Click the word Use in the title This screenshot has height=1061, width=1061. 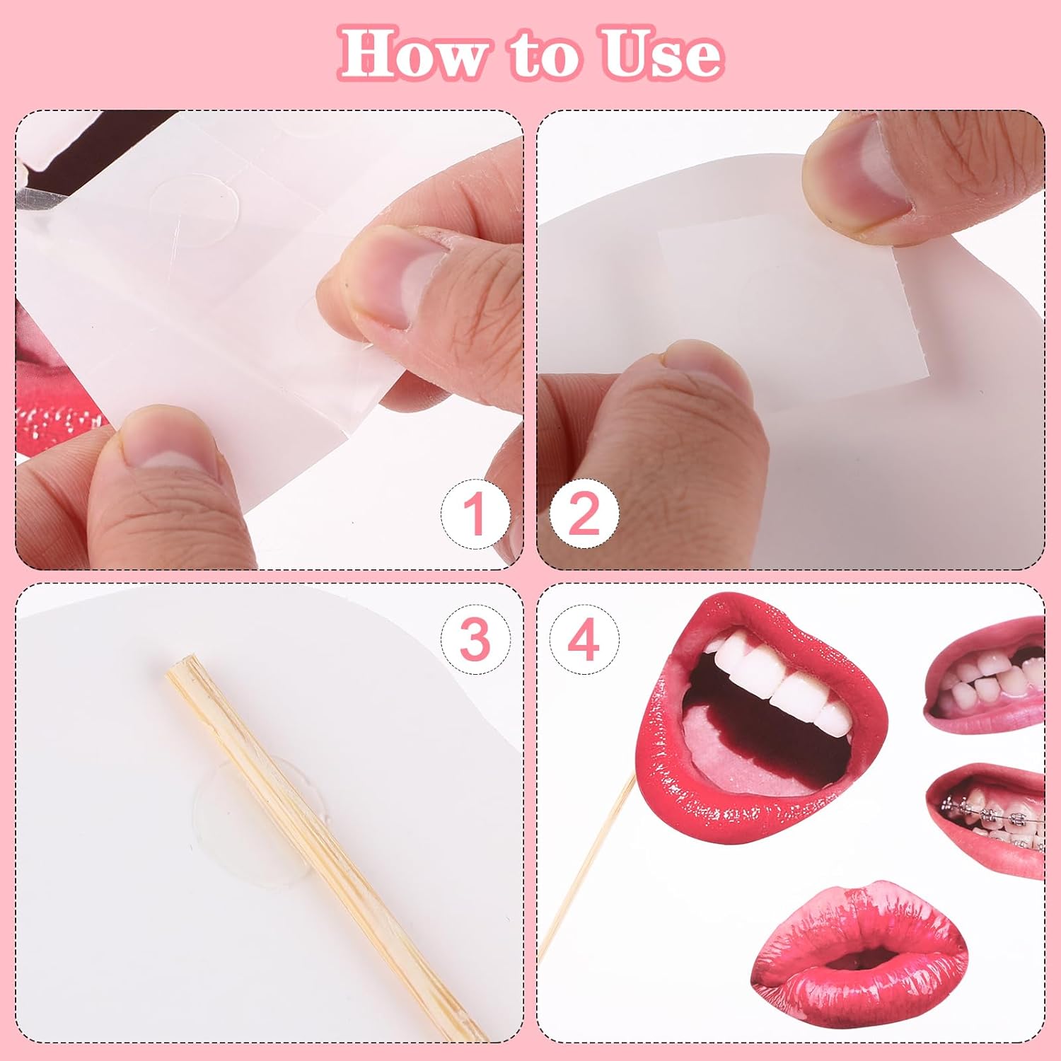(661, 54)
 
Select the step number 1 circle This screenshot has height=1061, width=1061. (475, 514)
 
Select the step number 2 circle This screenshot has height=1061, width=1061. (584, 514)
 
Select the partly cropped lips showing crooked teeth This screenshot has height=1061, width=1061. (987, 676)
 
